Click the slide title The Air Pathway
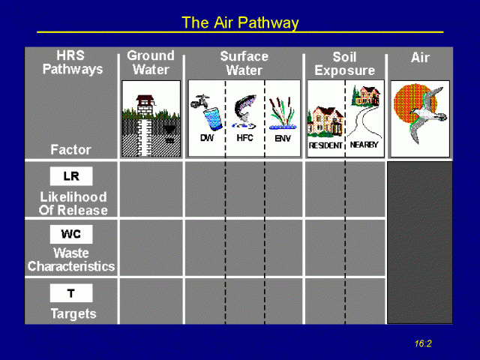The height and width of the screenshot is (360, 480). pos(240,22)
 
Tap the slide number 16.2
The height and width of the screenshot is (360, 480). pos(423,343)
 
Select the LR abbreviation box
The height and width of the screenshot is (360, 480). pos(71,177)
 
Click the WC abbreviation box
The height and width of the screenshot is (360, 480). pos(71,235)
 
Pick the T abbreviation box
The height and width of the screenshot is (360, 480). pos(71,293)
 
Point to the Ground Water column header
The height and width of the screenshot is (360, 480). pos(151,62)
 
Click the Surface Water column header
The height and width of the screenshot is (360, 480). pos(244,63)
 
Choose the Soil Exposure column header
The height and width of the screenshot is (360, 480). pos(344,63)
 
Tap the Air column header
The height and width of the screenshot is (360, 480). pos(420,58)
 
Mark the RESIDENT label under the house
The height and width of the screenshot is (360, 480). pos(325,145)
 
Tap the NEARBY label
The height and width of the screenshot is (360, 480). pos(364,145)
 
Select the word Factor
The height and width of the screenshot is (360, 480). pos(70,149)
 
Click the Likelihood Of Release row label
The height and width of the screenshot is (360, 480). pos(73,204)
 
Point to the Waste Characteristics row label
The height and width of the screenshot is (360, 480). pos(71,260)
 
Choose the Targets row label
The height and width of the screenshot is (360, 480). pos(73,313)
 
